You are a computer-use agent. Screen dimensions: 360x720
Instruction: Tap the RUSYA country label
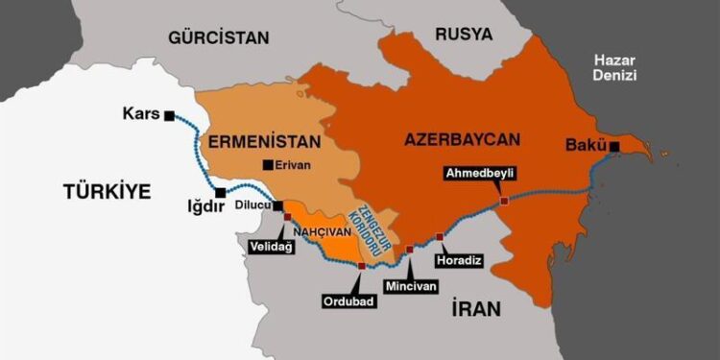[463, 35]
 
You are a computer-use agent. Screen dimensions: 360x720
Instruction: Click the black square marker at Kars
[170, 115]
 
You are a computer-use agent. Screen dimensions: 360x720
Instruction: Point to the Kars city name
[140, 115]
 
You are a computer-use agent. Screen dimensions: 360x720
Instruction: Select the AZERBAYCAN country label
[462, 139]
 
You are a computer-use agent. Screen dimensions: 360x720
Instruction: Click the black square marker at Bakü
[613, 147]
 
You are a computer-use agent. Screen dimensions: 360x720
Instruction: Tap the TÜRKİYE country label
[108, 192]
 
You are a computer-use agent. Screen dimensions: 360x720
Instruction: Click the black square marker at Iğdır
[221, 192]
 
